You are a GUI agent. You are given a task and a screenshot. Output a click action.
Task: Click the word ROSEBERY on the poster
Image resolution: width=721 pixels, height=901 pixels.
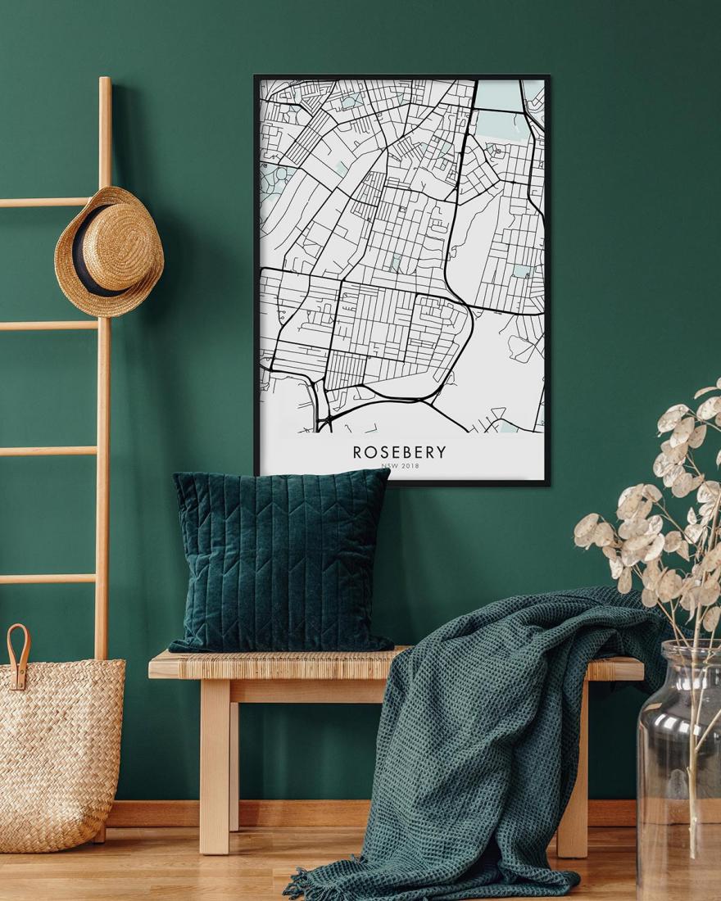[400, 452]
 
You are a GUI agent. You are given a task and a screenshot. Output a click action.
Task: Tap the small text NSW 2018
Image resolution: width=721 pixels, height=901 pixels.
[400, 468]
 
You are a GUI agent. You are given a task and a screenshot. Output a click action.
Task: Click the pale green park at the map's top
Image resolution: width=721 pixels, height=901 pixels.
[498, 123]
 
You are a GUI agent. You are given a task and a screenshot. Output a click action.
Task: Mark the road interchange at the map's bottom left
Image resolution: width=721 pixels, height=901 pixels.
[321, 414]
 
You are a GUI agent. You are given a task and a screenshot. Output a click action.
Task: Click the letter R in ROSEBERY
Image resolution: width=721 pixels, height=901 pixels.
[358, 452]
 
